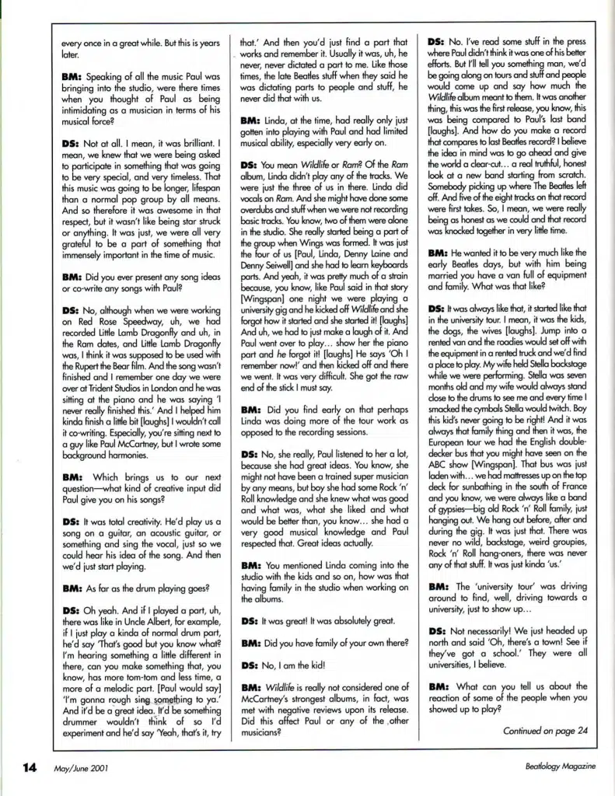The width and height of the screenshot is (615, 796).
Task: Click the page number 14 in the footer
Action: click(29, 766)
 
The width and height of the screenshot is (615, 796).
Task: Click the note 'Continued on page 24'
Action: click(546, 731)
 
